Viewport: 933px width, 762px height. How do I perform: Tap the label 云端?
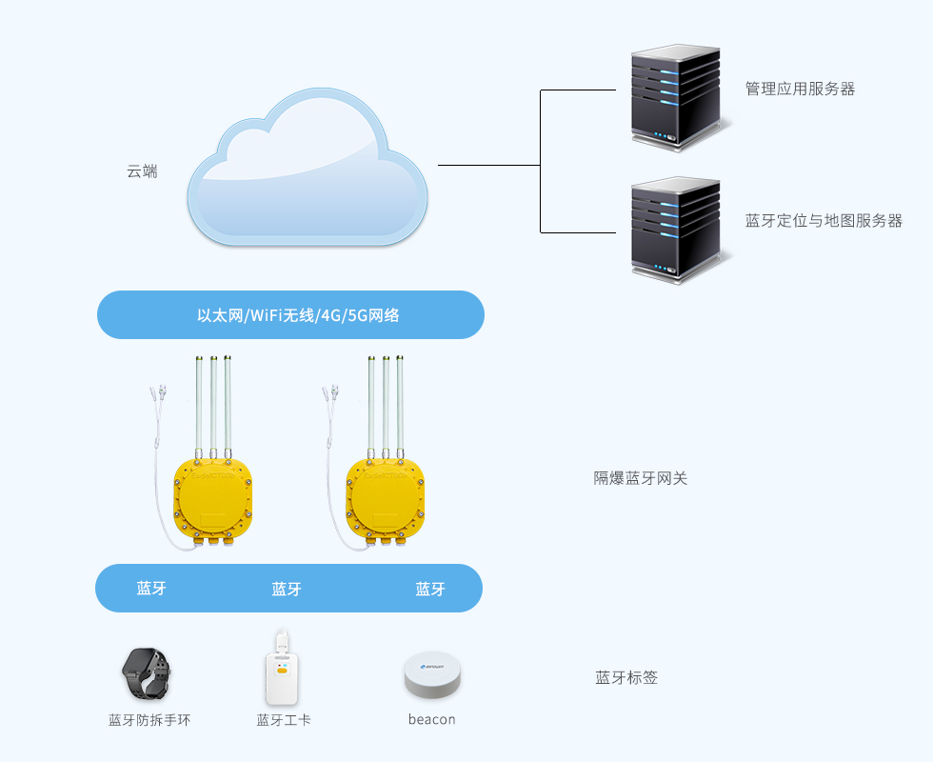tap(142, 172)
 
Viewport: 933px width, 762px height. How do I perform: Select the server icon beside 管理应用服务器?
tap(675, 96)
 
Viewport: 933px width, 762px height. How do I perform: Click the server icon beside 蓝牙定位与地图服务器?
tap(675, 229)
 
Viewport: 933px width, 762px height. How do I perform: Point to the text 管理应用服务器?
tap(800, 89)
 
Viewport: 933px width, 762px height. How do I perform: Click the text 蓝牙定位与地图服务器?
tap(823, 221)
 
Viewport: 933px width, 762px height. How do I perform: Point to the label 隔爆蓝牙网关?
tap(640, 478)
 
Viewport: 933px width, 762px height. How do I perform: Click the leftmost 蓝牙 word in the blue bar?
tap(151, 589)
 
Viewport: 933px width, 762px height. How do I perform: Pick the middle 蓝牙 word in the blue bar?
tap(287, 590)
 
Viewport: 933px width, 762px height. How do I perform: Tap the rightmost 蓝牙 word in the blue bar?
tap(430, 590)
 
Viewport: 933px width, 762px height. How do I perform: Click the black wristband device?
tap(147, 673)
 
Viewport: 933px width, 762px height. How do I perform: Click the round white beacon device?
tap(432, 677)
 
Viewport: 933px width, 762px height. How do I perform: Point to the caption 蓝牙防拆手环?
tap(149, 720)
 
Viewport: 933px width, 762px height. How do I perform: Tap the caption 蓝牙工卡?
tap(284, 720)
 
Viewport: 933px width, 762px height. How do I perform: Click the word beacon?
tap(431, 720)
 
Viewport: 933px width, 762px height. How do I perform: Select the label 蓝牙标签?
tap(626, 678)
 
